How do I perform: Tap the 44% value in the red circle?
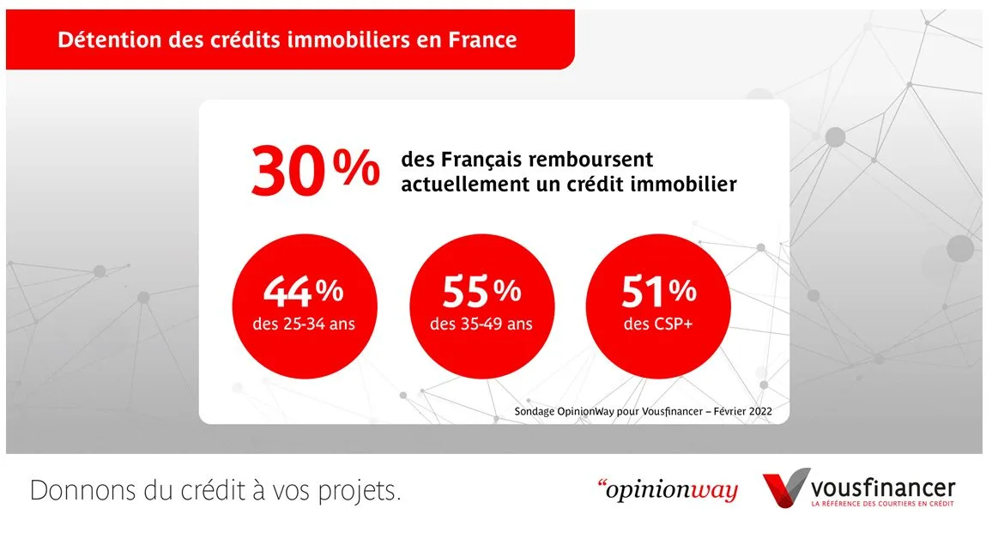[303, 293]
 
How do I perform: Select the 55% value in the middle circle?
[481, 293]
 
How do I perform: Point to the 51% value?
[659, 293]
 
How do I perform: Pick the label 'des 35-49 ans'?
[481, 324]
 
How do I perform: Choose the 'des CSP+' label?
[659, 324]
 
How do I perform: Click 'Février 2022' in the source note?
[739, 412]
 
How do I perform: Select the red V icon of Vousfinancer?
[784, 488]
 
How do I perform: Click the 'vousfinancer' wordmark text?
[884, 487]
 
